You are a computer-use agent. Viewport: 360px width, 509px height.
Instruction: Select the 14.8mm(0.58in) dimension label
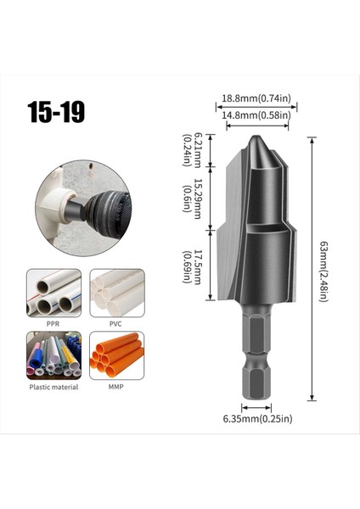tap(256, 115)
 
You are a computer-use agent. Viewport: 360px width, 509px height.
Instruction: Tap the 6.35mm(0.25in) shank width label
tap(257, 418)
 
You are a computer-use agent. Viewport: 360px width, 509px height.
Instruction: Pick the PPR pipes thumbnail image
tap(53, 293)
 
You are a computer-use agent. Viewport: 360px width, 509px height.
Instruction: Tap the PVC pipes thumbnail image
tap(116, 293)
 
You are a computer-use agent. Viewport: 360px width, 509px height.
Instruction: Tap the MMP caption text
tap(116, 387)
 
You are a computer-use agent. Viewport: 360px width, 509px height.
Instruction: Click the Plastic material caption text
tap(53, 387)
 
